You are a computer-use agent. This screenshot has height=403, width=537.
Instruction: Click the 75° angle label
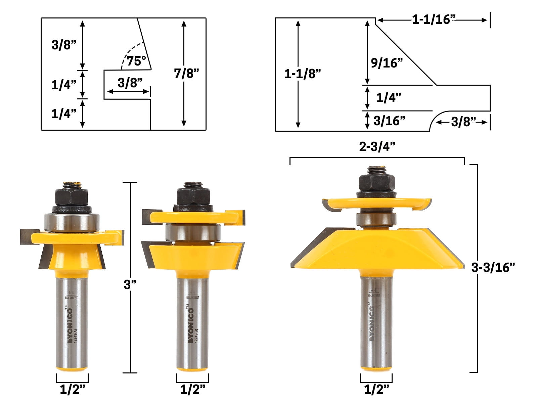point(136,61)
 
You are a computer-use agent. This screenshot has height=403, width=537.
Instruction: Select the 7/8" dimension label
point(186,73)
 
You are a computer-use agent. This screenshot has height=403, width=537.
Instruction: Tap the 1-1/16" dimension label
point(434,19)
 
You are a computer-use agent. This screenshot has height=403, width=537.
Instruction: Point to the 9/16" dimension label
point(387,63)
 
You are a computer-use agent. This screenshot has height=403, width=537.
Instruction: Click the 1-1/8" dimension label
point(302,74)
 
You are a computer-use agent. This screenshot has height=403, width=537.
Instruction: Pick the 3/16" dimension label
point(389,121)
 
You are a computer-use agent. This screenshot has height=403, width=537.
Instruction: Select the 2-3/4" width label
point(377,146)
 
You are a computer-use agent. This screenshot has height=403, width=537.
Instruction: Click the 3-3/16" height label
point(493,267)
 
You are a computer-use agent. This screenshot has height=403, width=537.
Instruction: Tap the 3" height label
point(130,284)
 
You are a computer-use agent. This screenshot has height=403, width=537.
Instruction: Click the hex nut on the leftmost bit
point(71,197)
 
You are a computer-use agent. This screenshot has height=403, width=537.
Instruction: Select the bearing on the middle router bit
point(193,232)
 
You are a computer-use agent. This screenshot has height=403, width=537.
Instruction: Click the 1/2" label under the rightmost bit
point(376,390)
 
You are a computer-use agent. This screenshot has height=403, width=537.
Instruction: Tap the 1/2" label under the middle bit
point(193,390)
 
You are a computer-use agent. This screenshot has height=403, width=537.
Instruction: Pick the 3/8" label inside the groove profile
point(130,83)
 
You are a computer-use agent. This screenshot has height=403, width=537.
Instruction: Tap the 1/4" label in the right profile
point(388,98)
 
